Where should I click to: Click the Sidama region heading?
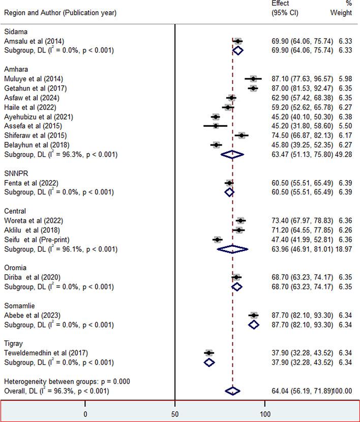pyautogui.click(x=14, y=32)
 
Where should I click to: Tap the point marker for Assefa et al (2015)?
pyautogui.click(x=216, y=125)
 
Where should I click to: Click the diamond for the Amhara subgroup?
pyautogui.click(x=232, y=154)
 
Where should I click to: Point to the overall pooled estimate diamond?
pyautogui.click(x=232, y=391)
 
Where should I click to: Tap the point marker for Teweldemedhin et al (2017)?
pyautogui.click(x=208, y=352)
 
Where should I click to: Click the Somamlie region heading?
pyautogui.click(x=19, y=305)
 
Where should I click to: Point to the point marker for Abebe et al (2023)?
pyautogui.click(x=253, y=315)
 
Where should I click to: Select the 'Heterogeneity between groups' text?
pyautogui.click(x=56, y=381)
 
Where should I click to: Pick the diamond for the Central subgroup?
pyautogui.click(x=233, y=249)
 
